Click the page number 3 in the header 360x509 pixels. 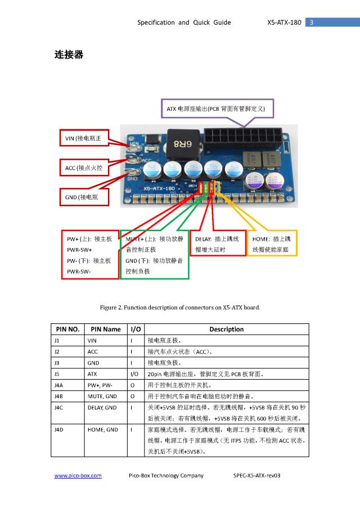click(x=312, y=22)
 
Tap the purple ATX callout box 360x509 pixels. click(x=216, y=109)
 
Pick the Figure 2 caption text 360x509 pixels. click(x=180, y=308)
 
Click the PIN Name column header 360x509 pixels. click(x=105, y=329)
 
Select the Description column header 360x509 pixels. click(x=226, y=329)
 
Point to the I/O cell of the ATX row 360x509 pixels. click(x=135, y=373)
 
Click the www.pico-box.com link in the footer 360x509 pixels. click(x=78, y=476)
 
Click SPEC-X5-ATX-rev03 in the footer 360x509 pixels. click(x=256, y=476)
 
